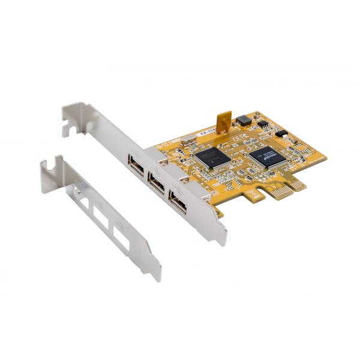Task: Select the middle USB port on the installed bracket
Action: (156, 182)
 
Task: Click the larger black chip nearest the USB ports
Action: (212, 155)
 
